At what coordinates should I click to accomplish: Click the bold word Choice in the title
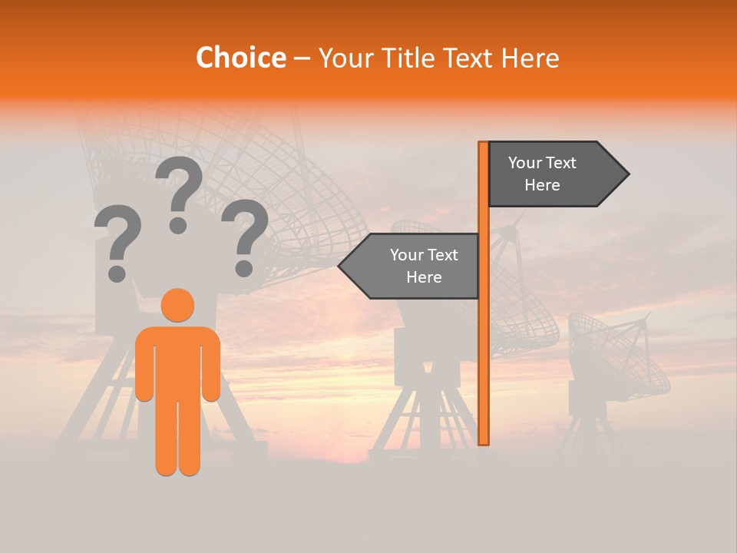[240, 58]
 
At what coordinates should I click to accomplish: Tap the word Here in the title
[530, 58]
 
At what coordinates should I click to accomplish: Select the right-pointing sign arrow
[553, 174]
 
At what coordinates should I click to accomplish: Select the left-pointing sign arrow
[415, 266]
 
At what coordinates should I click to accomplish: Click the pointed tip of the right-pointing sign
[626, 174]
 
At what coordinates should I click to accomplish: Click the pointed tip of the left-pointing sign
[342, 267]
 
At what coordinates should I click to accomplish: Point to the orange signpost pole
[484, 346]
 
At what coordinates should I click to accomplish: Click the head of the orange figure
[177, 305]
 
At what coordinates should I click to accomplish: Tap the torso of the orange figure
[177, 361]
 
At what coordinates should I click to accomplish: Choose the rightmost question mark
[245, 234]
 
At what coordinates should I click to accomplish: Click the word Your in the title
[345, 58]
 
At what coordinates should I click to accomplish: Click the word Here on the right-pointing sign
[542, 185]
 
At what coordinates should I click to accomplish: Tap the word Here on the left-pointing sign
[424, 277]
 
